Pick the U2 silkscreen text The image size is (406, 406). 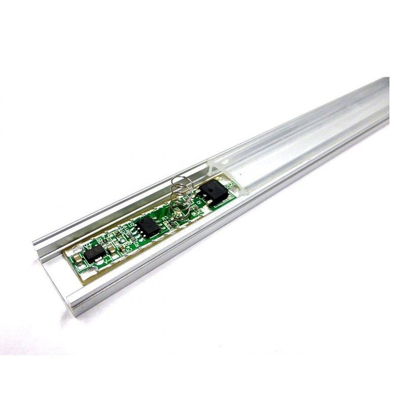[131, 224]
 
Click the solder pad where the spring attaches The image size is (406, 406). [178, 214]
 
